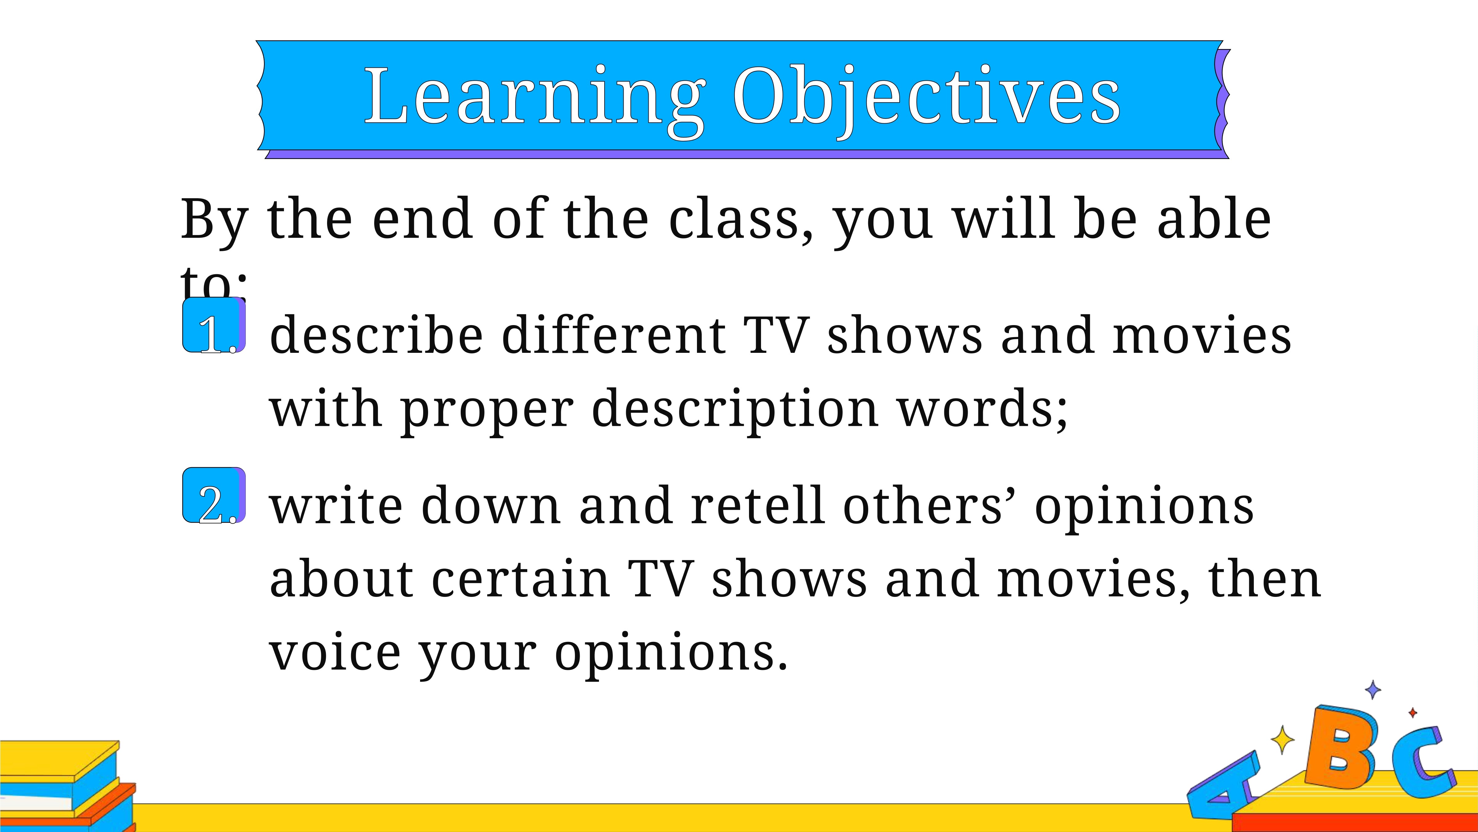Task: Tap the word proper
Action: coord(487,411)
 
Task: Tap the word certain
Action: coord(520,579)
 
